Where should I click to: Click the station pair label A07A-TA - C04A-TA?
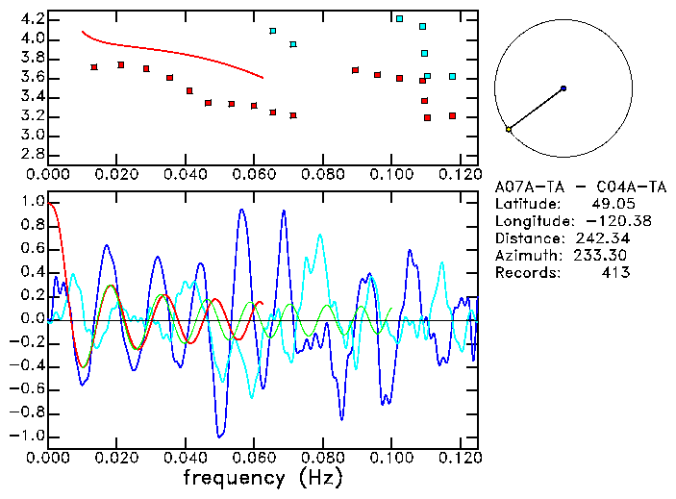click(x=563, y=187)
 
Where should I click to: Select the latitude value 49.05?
click(x=610, y=204)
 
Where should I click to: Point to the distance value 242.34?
click(x=602, y=238)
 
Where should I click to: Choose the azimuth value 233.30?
click(x=602, y=256)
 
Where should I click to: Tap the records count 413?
click(x=615, y=273)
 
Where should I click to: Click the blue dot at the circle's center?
click(x=563, y=88)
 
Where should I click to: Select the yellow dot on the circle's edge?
click(x=509, y=129)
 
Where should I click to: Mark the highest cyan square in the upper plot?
click(x=399, y=18)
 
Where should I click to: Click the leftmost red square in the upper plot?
click(x=93, y=67)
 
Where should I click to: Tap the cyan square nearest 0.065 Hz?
click(x=273, y=31)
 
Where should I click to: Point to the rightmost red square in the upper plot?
click(x=452, y=116)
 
